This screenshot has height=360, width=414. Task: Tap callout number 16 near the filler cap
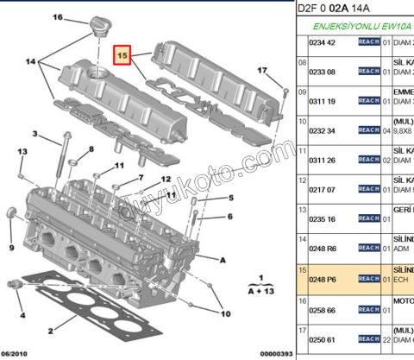58,17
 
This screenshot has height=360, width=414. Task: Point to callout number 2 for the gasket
51,330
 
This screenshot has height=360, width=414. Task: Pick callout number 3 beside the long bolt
34,134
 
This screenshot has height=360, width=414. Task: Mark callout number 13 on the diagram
22,152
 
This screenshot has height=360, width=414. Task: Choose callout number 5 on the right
231,197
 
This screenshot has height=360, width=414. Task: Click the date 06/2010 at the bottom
17,354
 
